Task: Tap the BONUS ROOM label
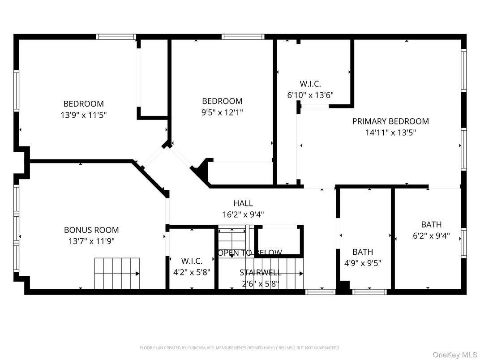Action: (91, 230)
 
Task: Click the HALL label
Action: (243, 203)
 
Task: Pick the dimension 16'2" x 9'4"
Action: (243, 214)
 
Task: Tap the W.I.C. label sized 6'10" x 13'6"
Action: (310, 84)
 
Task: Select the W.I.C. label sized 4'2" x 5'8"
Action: (192, 261)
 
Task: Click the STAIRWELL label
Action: (260, 272)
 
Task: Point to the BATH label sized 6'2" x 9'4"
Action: (431, 224)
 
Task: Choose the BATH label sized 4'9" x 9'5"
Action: (363, 252)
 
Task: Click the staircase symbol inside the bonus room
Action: (116, 273)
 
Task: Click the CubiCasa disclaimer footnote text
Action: (240, 347)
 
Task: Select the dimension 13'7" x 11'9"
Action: (91, 241)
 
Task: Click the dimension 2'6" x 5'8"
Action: (260, 283)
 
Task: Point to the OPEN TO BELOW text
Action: (250, 253)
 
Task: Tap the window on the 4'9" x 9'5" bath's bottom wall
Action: (369, 292)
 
